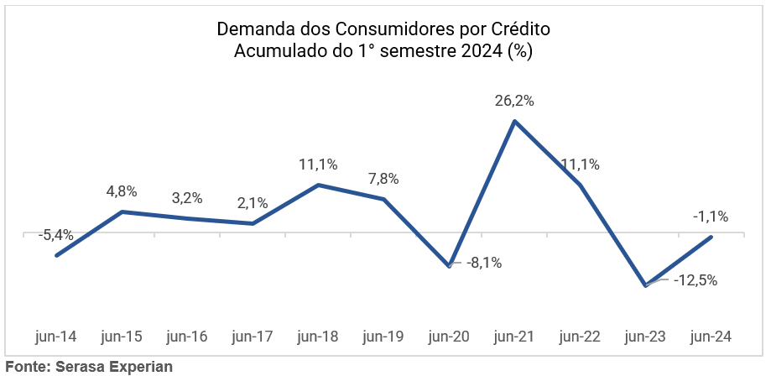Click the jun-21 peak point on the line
[x=514, y=121]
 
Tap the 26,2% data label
[x=514, y=101]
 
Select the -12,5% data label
[x=695, y=280]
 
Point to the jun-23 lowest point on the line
[x=645, y=285]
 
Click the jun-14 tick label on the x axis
[x=56, y=337]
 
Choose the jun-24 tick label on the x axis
[x=711, y=337]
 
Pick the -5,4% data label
[x=56, y=236]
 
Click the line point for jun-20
[x=450, y=265]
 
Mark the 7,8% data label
[x=383, y=179]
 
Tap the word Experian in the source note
[x=138, y=367]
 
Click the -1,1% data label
[x=710, y=217]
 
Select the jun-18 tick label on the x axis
[x=318, y=337]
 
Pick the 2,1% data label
[x=252, y=202]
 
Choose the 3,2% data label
[x=186, y=198]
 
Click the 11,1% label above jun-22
[x=580, y=164]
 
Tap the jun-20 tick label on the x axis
[x=449, y=337]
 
